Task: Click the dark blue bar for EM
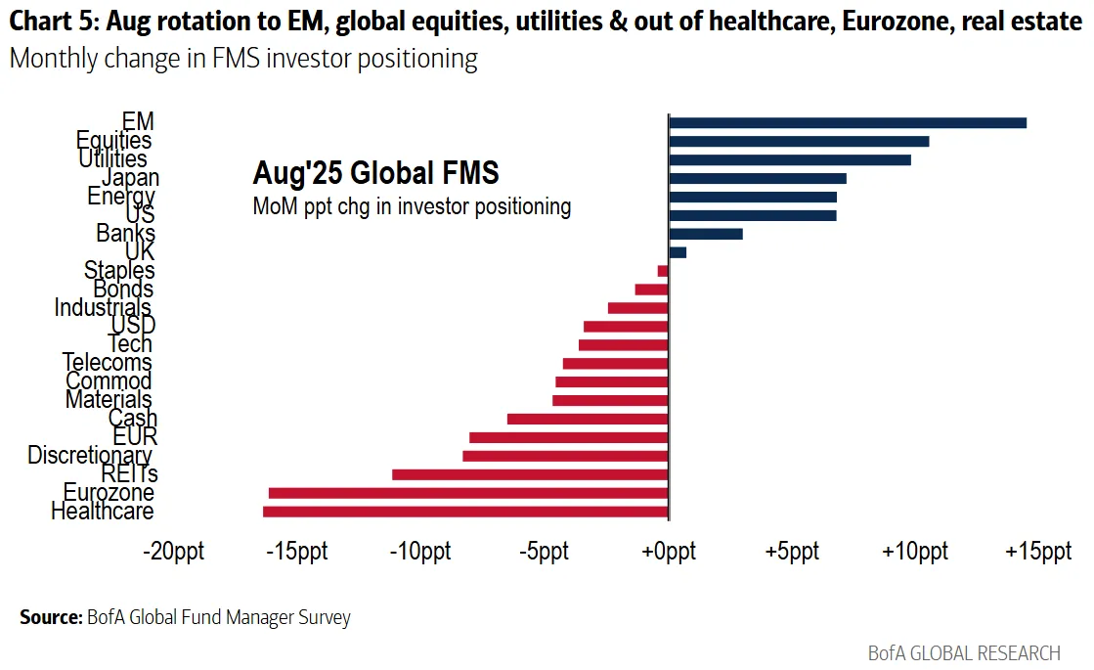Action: pyautogui.click(x=847, y=122)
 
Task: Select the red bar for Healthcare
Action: pyautogui.click(x=465, y=512)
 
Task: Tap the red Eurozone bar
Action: pyautogui.click(x=468, y=493)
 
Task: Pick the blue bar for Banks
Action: pyautogui.click(x=705, y=234)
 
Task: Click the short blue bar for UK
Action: pyautogui.click(x=678, y=252)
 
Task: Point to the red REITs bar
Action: pyautogui.click(x=530, y=474)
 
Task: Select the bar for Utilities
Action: pyautogui.click(x=789, y=159)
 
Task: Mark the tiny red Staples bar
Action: pyautogui.click(x=663, y=271)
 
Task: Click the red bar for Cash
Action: pyautogui.click(x=588, y=419)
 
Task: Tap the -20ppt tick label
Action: pyautogui.click(x=174, y=551)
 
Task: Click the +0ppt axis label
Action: pyautogui.click(x=668, y=551)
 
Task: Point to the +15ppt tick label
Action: pyautogui.click(x=1038, y=551)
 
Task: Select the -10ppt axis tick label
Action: pyautogui.click(x=420, y=551)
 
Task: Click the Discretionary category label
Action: pyautogui.click(x=90, y=455)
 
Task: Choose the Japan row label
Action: pyautogui.click(x=130, y=178)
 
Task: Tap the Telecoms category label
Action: pyautogui.click(x=108, y=363)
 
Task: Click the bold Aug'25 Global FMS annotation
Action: pyautogui.click(x=375, y=173)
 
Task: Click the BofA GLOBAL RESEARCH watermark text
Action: pyautogui.click(x=964, y=652)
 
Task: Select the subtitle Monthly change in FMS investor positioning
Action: pyautogui.click(x=243, y=59)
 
